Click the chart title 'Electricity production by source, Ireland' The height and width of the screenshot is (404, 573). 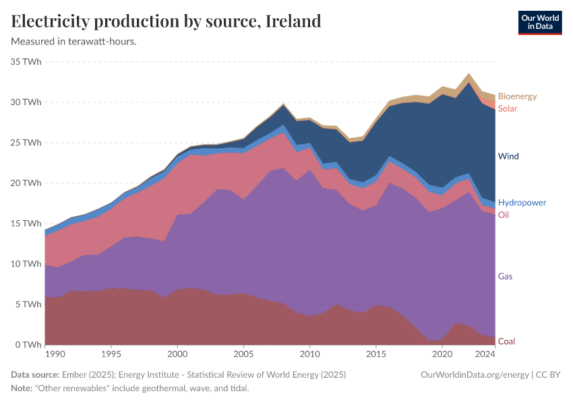(166, 21)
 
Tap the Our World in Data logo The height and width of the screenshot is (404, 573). (539, 22)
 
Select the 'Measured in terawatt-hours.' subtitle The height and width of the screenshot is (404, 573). (74, 41)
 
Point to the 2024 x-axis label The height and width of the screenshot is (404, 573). (485, 353)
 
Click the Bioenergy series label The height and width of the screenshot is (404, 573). (517, 96)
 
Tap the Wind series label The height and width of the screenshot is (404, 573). (508, 156)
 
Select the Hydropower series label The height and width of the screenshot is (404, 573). (522, 203)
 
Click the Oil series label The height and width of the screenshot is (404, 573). (504, 215)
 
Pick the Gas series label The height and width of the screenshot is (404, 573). (506, 276)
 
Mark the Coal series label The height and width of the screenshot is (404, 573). (506, 341)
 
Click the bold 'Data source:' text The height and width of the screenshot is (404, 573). (35, 374)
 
